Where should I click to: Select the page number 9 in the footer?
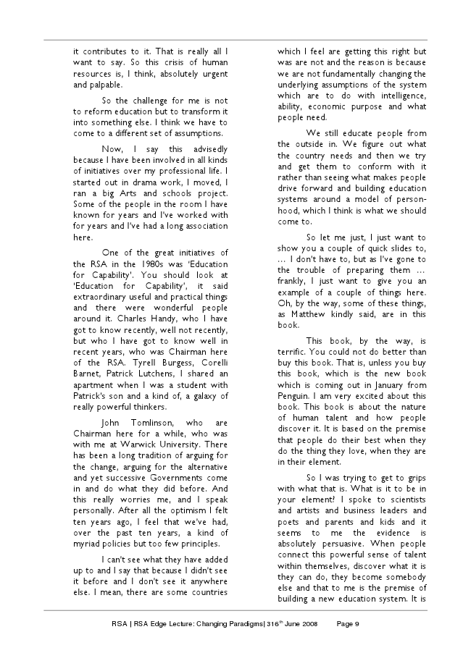pos(358,628)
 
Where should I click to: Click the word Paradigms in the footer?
pos(224,628)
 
